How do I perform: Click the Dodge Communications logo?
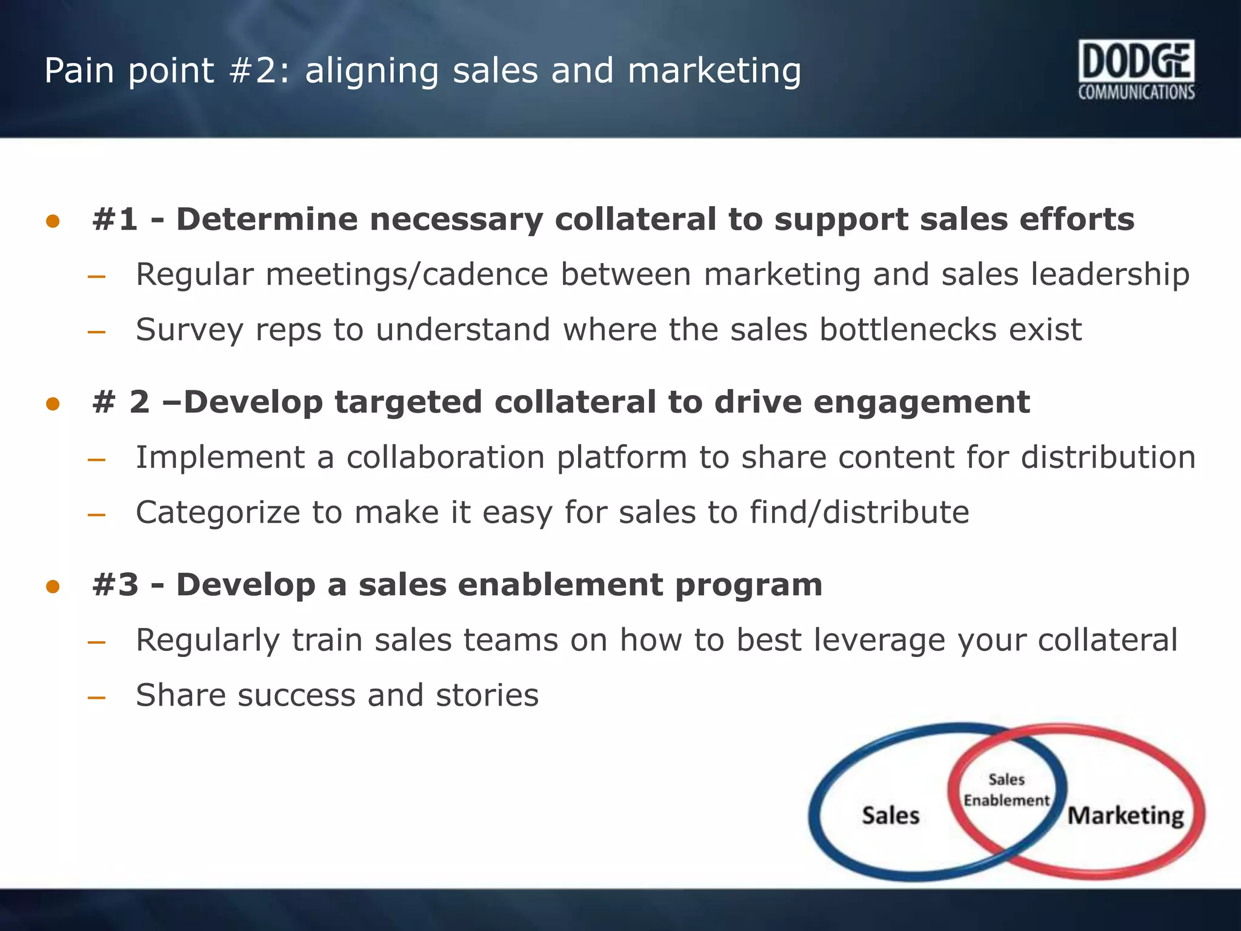point(1136,70)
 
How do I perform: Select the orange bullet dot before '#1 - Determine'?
point(53,221)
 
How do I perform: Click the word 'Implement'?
point(220,458)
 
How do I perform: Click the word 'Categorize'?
point(218,513)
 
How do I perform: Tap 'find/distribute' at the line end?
point(859,513)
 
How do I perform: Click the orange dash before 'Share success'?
point(96,698)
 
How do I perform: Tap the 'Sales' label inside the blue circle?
point(890,816)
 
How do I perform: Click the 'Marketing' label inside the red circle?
point(1125,816)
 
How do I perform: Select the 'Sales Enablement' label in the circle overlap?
point(1006,790)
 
